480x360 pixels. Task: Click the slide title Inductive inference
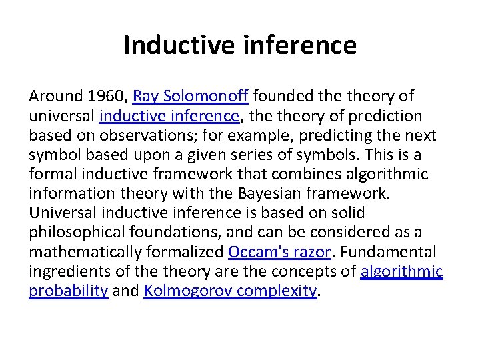239,45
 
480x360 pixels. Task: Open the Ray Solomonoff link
191,97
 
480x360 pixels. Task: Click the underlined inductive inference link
169,116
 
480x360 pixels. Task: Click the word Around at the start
55,97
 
